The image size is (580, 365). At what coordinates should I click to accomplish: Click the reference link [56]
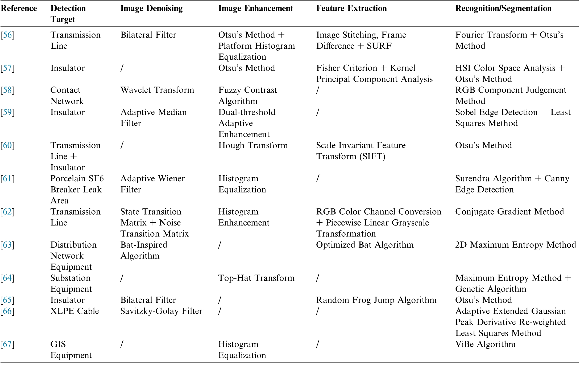[x=7, y=35]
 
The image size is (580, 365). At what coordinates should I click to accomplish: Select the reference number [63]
[x=7, y=245]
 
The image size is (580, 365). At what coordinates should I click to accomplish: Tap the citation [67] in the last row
[x=7, y=344]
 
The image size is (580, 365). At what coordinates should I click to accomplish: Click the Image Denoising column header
[x=151, y=8]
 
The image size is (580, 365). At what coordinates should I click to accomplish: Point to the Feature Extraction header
[x=351, y=8]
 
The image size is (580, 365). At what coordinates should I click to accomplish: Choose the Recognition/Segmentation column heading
[x=503, y=8]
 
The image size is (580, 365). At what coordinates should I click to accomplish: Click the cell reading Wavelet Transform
[x=157, y=90]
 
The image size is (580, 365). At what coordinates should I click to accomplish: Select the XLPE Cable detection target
[x=74, y=311]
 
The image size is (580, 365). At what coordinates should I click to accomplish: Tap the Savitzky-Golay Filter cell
[x=161, y=311]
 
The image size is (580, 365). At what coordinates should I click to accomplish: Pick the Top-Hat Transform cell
[x=256, y=278]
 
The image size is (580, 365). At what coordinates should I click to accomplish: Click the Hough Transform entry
[x=253, y=145]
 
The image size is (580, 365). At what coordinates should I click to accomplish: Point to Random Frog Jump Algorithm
[x=376, y=300]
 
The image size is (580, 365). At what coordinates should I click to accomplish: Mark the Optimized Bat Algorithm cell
[x=365, y=245]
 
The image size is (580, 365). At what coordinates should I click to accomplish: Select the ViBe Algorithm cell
[x=485, y=344]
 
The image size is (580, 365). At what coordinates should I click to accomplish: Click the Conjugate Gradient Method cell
[x=509, y=212]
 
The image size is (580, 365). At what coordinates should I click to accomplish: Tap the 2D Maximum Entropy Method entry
[x=515, y=245]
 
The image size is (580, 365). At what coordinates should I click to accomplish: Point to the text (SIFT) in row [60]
[x=372, y=156]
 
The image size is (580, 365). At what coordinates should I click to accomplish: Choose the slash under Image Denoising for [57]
[x=122, y=68]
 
